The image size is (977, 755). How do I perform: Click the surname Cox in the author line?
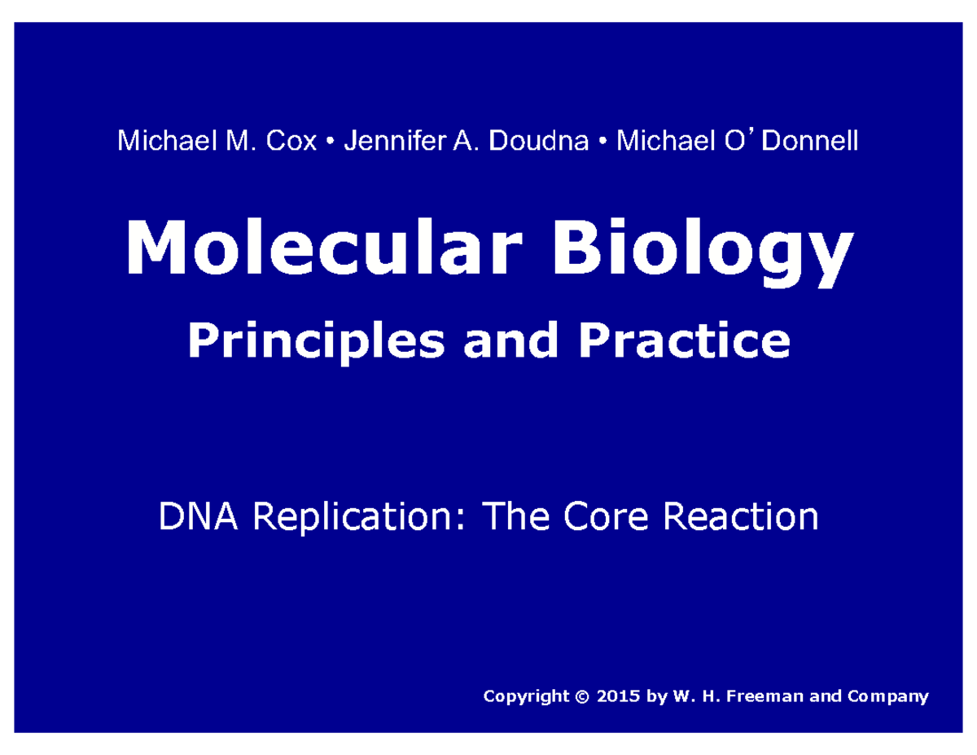[x=291, y=142]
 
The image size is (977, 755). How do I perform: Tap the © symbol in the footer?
[x=581, y=696]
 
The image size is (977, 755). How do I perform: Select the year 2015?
[x=616, y=696]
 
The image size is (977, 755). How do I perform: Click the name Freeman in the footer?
[x=753, y=696]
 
